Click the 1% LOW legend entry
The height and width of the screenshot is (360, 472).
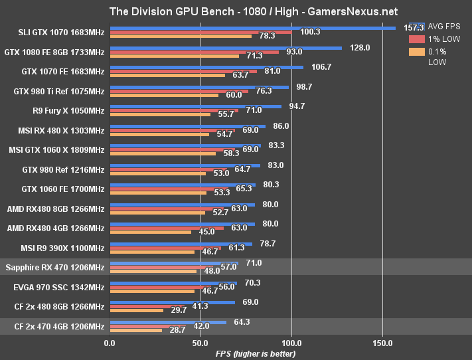[442, 40]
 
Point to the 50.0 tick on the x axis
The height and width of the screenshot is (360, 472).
[200, 343]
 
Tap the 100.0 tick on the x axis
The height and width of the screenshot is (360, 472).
[291, 343]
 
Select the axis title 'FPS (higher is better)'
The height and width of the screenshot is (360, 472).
[256, 353]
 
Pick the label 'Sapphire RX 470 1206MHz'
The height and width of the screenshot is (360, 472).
[54, 268]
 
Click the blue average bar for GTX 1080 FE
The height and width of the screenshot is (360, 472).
[225, 48]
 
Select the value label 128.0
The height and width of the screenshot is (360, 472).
[360, 48]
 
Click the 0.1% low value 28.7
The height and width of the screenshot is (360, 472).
[177, 330]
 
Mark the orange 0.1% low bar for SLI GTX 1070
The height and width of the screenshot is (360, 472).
[181, 36]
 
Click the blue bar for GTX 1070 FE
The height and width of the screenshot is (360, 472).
[206, 67]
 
